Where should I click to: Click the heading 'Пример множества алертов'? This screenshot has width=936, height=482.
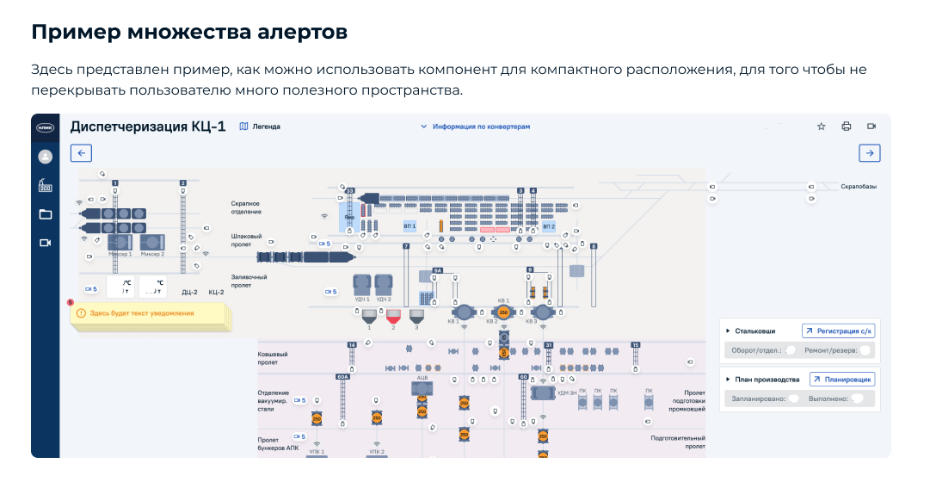(189, 33)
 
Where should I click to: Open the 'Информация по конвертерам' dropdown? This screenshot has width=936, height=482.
(475, 127)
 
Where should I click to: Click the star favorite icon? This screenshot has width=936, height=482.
(821, 127)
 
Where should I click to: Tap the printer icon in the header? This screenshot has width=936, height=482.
(846, 127)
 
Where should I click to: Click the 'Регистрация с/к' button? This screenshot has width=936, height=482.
(838, 331)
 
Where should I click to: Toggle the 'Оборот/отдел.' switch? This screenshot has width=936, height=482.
(790, 350)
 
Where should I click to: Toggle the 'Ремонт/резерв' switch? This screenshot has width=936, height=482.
(864, 350)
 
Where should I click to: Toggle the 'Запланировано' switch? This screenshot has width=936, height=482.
(793, 399)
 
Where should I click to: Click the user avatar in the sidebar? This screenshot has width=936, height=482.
(46, 157)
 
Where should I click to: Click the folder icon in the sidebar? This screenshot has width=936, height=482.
(46, 214)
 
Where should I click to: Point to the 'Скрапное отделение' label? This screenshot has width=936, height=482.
(246, 207)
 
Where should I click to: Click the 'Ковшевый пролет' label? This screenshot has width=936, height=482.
(273, 357)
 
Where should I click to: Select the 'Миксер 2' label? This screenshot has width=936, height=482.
(151, 255)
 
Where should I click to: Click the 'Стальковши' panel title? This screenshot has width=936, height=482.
(755, 331)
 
